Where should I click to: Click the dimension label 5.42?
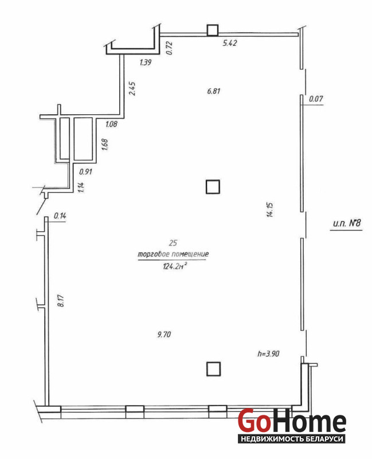pyautogui.click(x=230, y=43)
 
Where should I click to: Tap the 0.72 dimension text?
pyautogui.click(x=169, y=48)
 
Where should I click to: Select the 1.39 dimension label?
pyautogui.click(x=146, y=62)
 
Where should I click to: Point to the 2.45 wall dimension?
pyautogui.click(x=132, y=88)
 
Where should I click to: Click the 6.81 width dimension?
pyautogui.click(x=213, y=91)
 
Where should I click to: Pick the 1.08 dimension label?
pyautogui.click(x=111, y=124)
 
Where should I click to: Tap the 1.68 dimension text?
pyautogui.click(x=104, y=145)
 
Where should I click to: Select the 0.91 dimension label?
pyautogui.click(x=85, y=172)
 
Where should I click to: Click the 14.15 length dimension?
pyautogui.click(x=269, y=209)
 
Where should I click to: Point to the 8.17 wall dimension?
pyautogui.click(x=61, y=301)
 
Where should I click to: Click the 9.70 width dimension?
pyautogui.click(x=164, y=334)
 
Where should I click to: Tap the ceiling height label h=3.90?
pyautogui.click(x=268, y=353)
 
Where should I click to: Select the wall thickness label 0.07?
pyautogui.click(x=316, y=99)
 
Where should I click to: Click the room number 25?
pyautogui.click(x=173, y=243)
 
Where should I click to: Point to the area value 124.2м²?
pyautogui.click(x=175, y=266)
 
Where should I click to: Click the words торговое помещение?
pyautogui.click(x=173, y=254)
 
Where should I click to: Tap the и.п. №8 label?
pyautogui.click(x=347, y=223)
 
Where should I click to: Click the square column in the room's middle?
pyautogui.click(x=213, y=187)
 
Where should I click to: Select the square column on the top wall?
pyautogui.click(x=213, y=30)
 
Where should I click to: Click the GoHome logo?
pyautogui.click(x=292, y=425)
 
